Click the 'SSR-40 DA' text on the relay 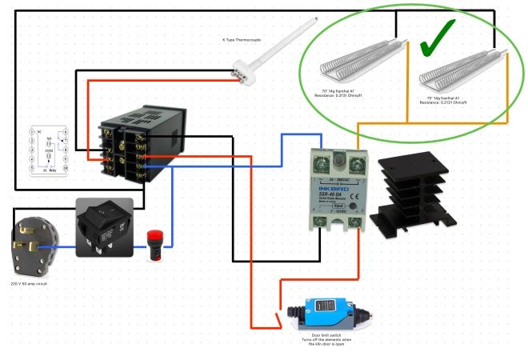click(334, 194)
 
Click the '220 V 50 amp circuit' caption click(31, 283)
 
